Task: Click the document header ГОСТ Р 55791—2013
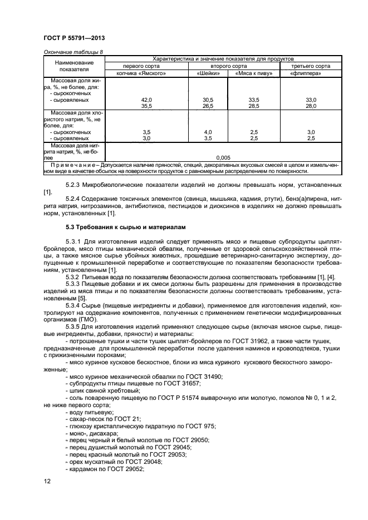pyautogui.click(x=74, y=38)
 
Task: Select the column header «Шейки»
pyautogui.click(x=208, y=73)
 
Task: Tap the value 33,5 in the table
pyautogui.click(x=252, y=99)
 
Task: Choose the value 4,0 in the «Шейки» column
pyautogui.click(x=208, y=132)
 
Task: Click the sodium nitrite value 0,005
pyautogui.click(x=223, y=157)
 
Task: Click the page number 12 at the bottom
pyautogui.click(x=47, y=482)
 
